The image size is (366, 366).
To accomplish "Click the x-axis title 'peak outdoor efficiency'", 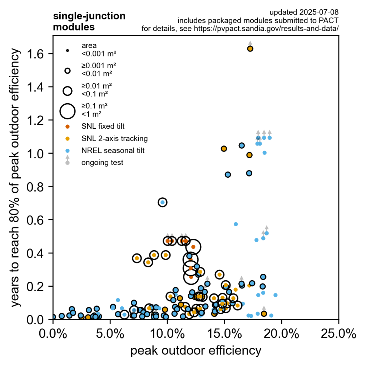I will click(x=196, y=351).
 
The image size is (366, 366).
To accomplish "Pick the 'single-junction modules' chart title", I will click(x=89, y=21).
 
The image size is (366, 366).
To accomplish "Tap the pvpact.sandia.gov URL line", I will click(x=240, y=29).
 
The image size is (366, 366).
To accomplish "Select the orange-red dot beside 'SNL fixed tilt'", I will click(x=68, y=126).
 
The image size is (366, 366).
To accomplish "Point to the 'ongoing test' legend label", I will click(x=102, y=163).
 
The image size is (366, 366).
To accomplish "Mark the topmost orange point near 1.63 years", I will click(x=250, y=49).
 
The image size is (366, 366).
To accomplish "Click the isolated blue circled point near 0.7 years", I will click(x=163, y=202).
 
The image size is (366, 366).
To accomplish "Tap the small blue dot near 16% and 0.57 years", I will click(x=236, y=224).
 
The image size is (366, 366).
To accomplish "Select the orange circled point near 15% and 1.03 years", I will click(x=224, y=149).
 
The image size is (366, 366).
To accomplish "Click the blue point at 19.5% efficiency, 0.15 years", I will click(x=276, y=295).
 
